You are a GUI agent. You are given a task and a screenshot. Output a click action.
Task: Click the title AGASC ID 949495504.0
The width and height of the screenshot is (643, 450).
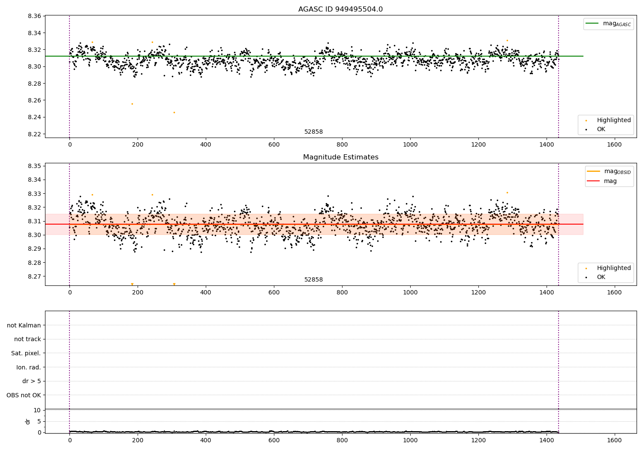tap(340, 9)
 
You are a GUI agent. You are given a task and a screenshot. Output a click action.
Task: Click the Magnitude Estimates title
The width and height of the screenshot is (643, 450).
tap(340, 157)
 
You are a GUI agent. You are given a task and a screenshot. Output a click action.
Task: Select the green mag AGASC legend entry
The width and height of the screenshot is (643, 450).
tap(608, 24)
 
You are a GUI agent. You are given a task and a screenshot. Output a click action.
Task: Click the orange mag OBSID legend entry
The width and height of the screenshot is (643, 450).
tap(609, 171)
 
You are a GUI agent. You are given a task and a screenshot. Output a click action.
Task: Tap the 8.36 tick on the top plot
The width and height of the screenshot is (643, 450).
tap(34, 16)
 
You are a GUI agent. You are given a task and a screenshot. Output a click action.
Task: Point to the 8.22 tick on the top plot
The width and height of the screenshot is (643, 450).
tap(34, 134)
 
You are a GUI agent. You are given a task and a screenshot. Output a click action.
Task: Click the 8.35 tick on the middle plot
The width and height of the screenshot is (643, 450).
tap(34, 166)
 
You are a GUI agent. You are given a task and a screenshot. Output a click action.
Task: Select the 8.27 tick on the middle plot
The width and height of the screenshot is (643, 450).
tap(34, 276)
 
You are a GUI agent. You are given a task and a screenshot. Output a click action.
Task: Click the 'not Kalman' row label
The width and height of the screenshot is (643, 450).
tap(24, 325)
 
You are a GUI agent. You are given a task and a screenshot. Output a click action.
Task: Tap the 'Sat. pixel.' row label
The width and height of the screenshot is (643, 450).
tap(26, 353)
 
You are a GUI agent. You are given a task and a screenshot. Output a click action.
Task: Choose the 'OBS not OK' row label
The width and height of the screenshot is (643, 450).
tap(24, 395)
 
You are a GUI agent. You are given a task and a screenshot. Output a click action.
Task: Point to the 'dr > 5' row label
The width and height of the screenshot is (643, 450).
tap(31, 381)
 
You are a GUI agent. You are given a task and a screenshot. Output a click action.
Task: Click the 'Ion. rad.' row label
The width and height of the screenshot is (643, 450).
tap(28, 367)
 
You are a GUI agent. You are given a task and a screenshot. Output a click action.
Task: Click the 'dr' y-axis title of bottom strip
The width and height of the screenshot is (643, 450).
tap(28, 421)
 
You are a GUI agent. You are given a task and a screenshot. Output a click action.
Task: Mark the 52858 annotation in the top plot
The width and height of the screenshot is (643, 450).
tap(313, 132)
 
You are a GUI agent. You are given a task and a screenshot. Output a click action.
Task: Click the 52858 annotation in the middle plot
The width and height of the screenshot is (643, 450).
tap(313, 280)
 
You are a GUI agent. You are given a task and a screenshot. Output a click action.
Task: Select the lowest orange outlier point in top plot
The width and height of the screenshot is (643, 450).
tap(174, 112)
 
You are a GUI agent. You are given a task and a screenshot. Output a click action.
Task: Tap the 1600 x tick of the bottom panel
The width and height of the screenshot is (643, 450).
tap(614, 441)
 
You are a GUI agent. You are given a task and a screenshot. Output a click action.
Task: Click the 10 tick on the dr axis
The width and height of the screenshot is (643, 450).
tap(37, 410)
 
